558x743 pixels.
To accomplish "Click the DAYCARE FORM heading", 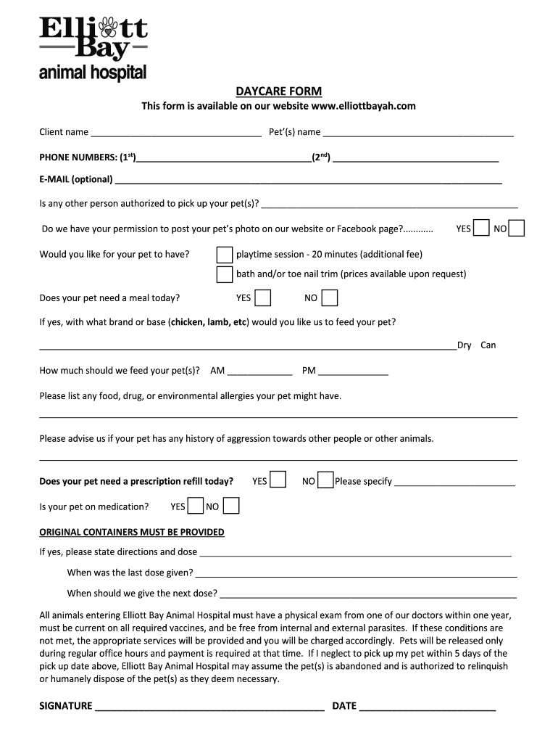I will pyautogui.click(x=278, y=91).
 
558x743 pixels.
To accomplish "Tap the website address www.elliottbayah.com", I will pyautogui.click(x=363, y=106).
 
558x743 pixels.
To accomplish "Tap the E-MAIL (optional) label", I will pyautogui.click(x=76, y=179).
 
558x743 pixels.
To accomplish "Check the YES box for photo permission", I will pyautogui.click(x=481, y=229).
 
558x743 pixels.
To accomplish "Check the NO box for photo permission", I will pyautogui.click(x=517, y=229).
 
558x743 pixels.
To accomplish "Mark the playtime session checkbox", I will pyautogui.click(x=225, y=255).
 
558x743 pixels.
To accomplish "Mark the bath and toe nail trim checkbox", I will pyautogui.click(x=225, y=274).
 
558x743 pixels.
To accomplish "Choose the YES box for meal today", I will pyautogui.click(x=263, y=298).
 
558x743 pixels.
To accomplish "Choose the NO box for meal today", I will pyautogui.click(x=330, y=298).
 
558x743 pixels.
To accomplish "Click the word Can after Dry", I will pyautogui.click(x=488, y=345).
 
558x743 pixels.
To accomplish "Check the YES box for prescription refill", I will pyautogui.click(x=278, y=480).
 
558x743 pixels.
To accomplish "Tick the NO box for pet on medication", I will pyautogui.click(x=231, y=506).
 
